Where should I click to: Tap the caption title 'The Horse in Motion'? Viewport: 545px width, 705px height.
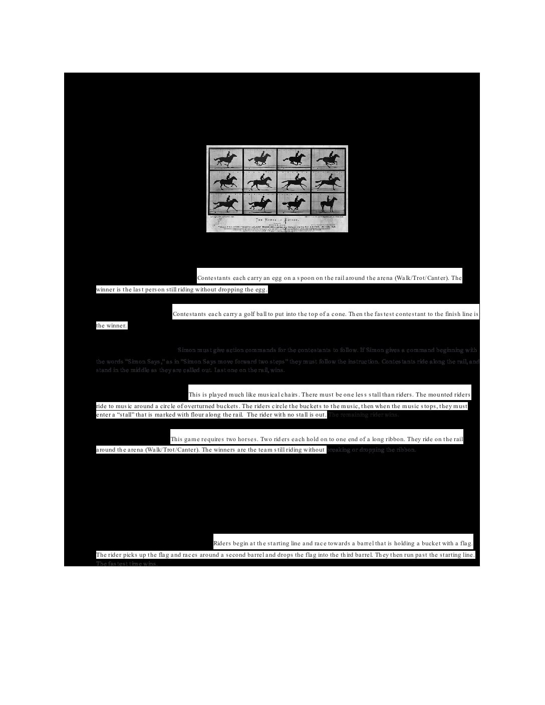[x=278, y=220]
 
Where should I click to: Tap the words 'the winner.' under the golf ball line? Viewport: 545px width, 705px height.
[x=111, y=325]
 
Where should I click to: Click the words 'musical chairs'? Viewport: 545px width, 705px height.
[x=274, y=395]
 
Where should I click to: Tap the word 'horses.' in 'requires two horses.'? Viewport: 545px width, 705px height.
[x=248, y=439]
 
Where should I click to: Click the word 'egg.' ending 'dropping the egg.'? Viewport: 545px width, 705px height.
[x=261, y=289]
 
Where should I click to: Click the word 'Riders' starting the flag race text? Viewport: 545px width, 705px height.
[x=222, y=543]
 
